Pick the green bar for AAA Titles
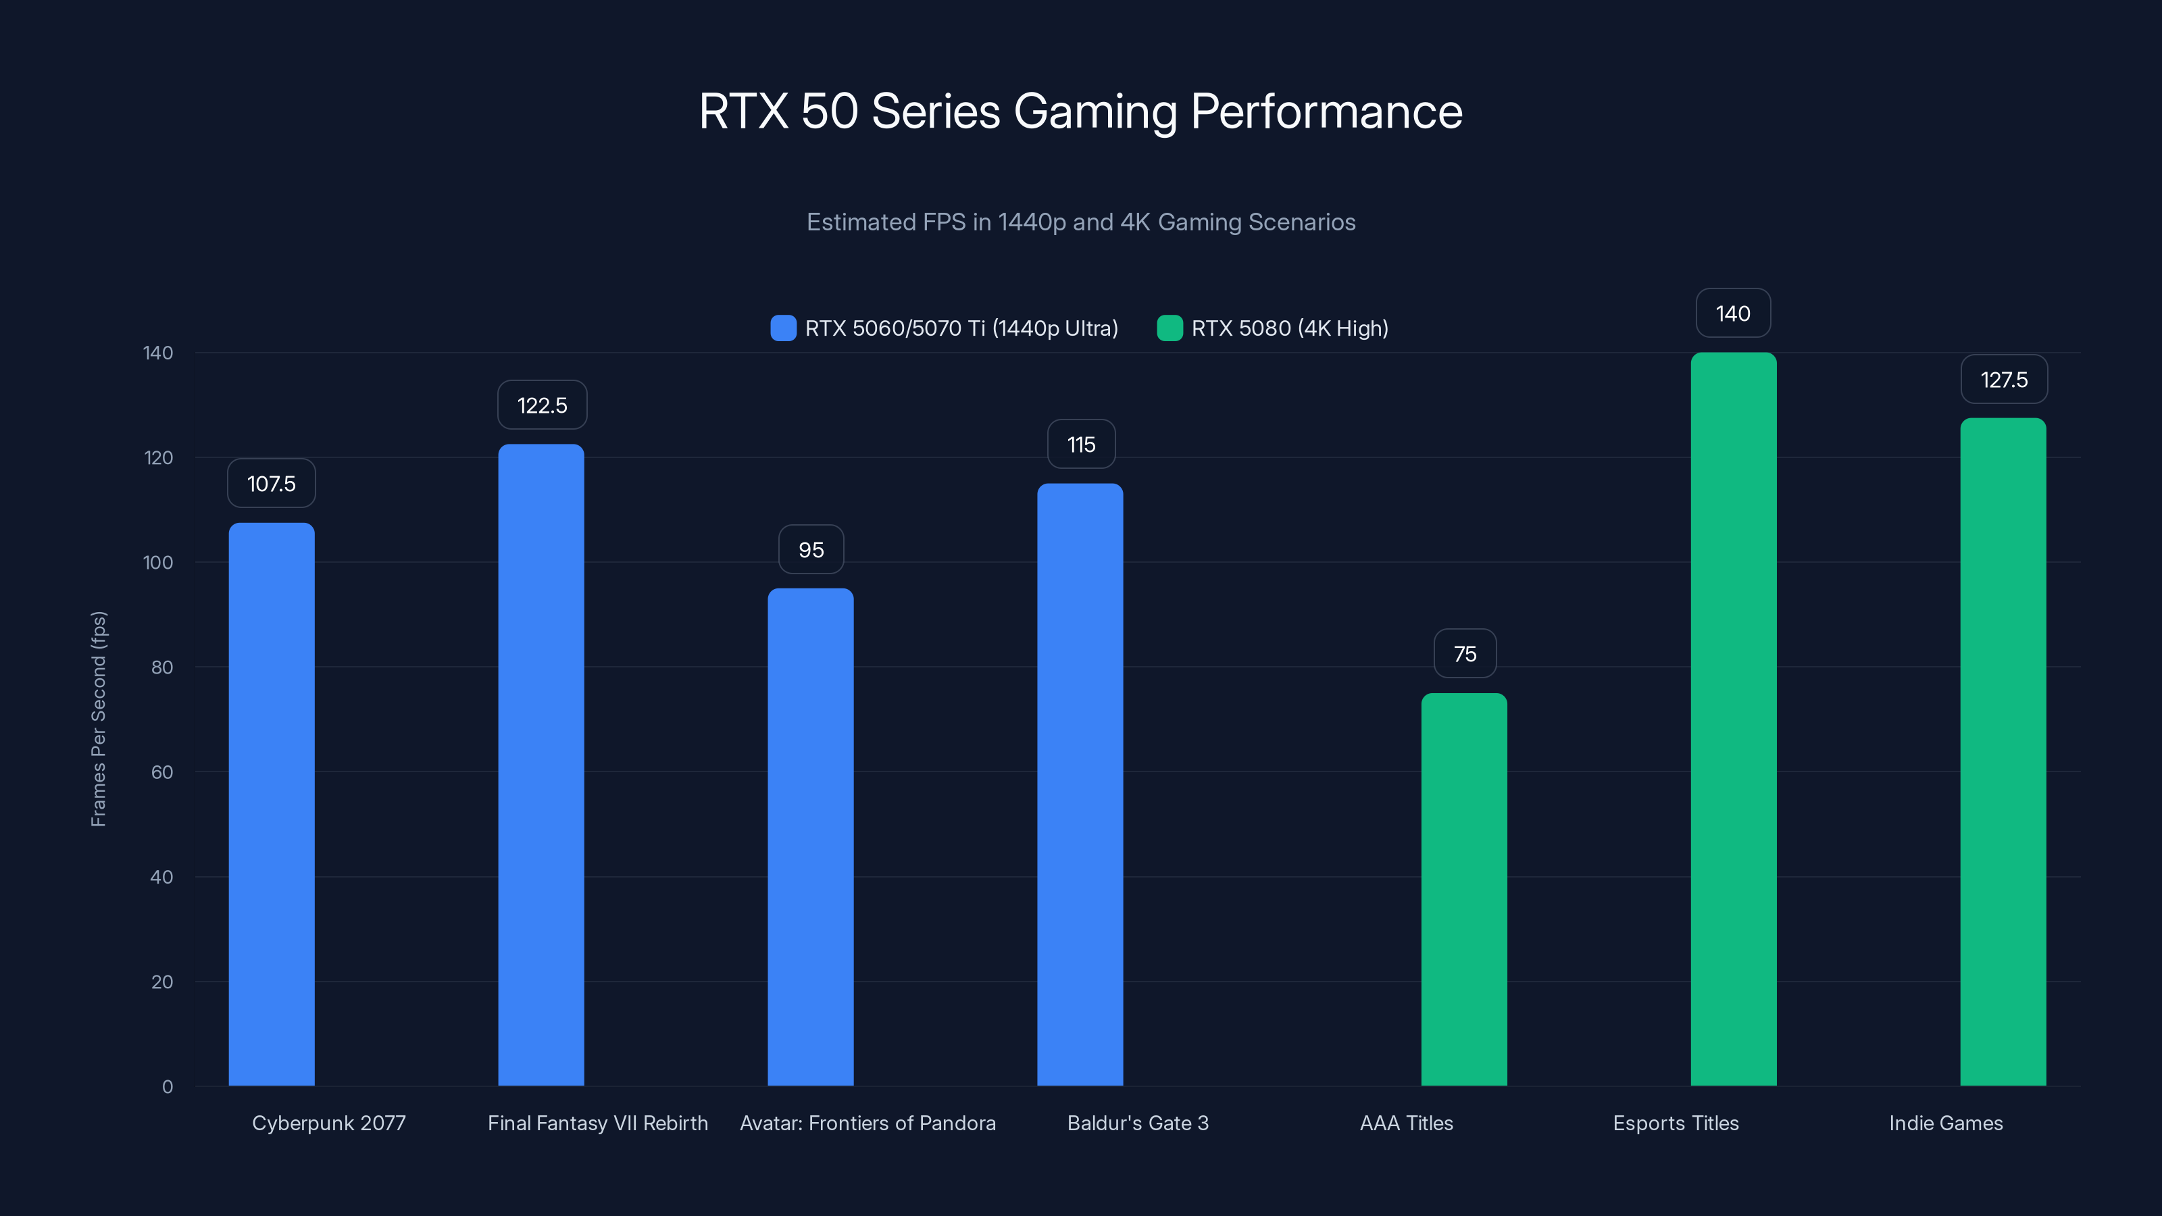1463,889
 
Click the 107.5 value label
271,484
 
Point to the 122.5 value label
541,405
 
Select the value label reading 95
811,550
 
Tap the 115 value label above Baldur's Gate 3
1081,445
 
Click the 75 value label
1465,654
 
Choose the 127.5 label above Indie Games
2003,380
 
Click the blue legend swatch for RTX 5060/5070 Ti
783,328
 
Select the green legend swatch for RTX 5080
1169,328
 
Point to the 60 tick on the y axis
162,772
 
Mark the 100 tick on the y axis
158,562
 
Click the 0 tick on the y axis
167,1087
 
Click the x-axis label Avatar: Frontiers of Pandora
867,1123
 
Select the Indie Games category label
1946,1123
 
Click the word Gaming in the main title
1095,111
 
